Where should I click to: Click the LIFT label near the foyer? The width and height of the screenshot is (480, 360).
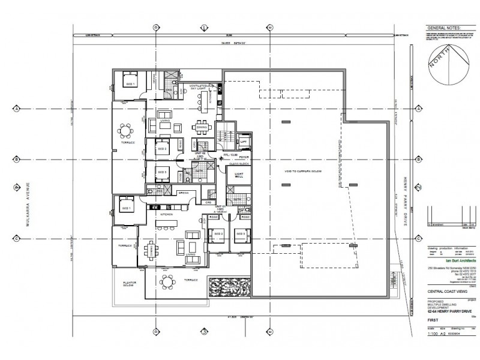coord(243,142)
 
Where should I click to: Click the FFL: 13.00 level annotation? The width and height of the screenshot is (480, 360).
coord(231,154)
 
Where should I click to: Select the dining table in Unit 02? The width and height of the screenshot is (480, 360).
coord(202,127)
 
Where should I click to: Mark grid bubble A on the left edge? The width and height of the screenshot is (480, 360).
coord(16,109)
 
